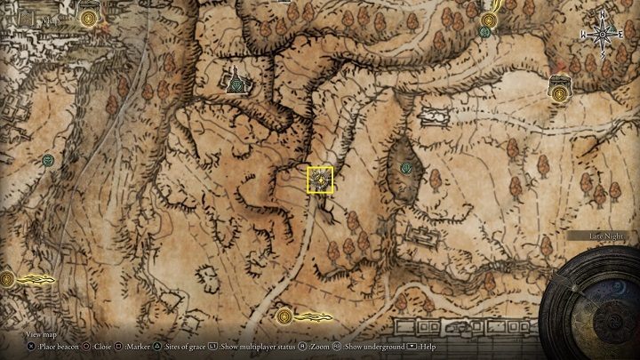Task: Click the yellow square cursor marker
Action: [320, 180]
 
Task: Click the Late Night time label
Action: [607, 236]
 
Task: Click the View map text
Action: [42, 334]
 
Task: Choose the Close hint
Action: [97, 347]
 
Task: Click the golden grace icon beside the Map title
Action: [88, 17]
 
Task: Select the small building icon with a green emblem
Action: [237, 83]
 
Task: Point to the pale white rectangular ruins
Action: [433, 116]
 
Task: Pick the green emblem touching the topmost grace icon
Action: [485, 32]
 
